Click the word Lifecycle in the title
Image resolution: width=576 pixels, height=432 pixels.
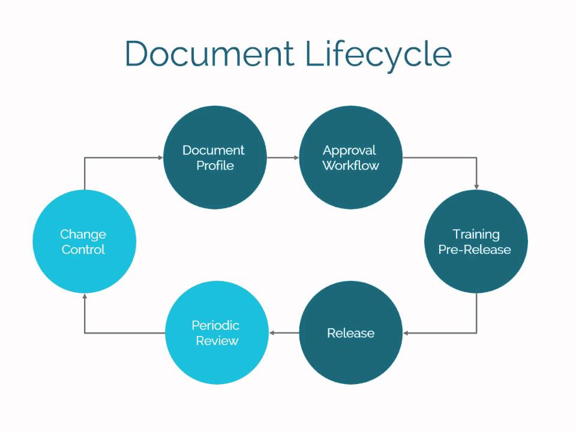pyautogui.click(x=378, y=55)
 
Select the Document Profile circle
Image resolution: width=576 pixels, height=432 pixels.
pyautogui.click(x=214, y=158)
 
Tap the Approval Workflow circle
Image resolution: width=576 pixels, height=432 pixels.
pyautogui.click(x=350, y=158)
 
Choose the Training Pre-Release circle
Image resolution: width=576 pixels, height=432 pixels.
pyautogui.click(x=476, y=241)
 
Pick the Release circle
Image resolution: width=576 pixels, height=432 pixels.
pyautogui.click(x=350, y=333)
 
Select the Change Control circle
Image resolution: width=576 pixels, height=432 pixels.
pyautogui.click(x=84, y=241)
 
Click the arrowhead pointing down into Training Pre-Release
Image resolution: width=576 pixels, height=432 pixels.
pyautogui.click(x=476, y=185)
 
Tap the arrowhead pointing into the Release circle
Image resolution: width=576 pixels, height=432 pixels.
pyautogui.click(x=407, y=333)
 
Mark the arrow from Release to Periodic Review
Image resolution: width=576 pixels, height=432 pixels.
pyautogui.click(x=283, y=333)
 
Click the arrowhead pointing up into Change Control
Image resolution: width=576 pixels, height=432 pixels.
pyautogui.click(x=85, y=297)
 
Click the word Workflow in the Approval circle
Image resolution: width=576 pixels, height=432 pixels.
pyautogui.click(x=350, y=166)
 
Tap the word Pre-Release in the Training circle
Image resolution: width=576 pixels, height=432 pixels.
pyautogui.click(x=475, y=250)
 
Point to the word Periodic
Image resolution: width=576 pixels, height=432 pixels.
pyautogui.click(x=215, y=325)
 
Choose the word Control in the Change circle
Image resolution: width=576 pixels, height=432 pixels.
pyautogui.click(x=83, y=250)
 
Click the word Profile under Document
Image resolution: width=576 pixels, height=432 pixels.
pyautogui.click(x=215, y=166)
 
